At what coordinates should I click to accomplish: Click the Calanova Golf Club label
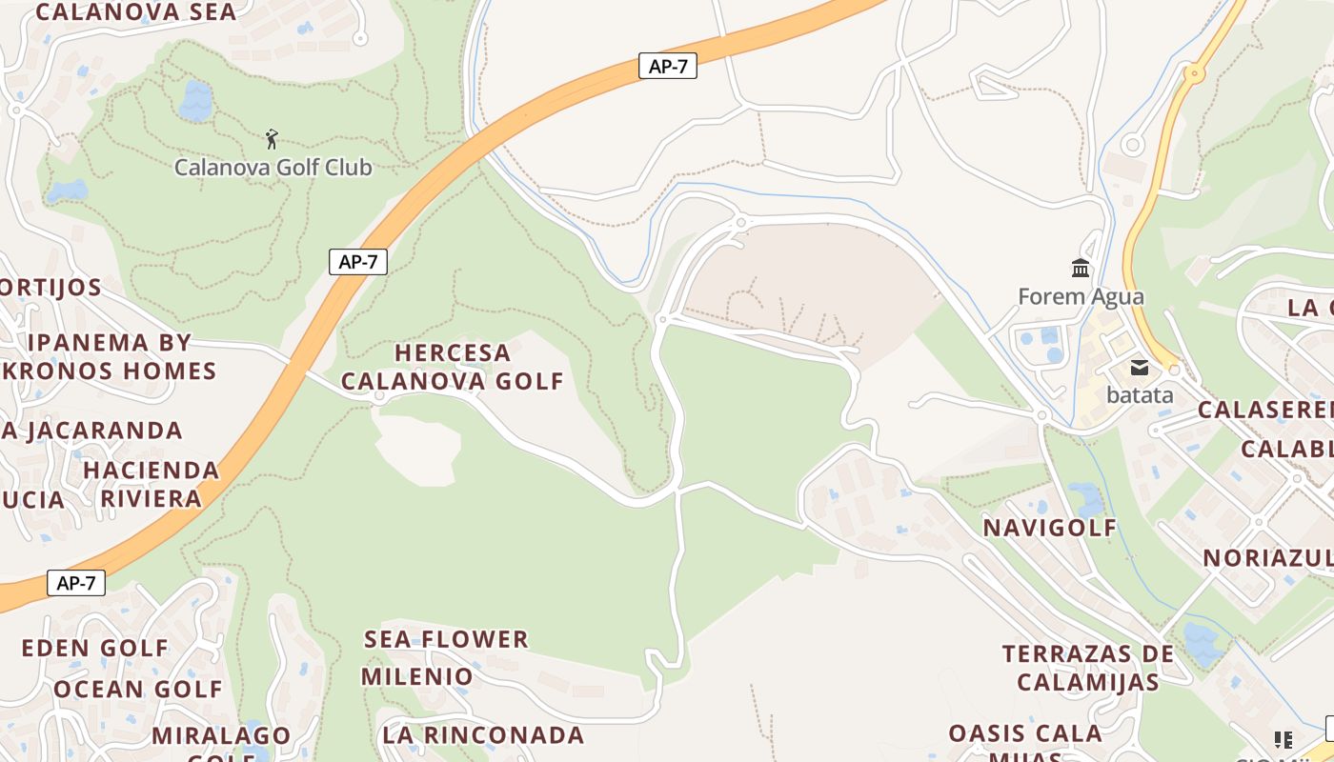click(273, 168)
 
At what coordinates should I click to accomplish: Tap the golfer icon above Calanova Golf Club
click(272, 139)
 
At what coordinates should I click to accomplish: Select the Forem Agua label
click(1081, 296)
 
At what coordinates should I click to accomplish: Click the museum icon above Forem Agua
click(1081, 268)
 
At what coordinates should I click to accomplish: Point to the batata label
click(1140, 394)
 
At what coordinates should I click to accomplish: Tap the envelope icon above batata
click(1140, 368)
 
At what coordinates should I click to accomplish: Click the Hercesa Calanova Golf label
click(453, 367)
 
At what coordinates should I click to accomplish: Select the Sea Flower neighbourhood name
click(446, 639)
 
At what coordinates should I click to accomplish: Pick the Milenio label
click(416, 677)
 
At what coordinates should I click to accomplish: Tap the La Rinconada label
click(483, 735)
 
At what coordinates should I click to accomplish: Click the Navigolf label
click(1049, 528)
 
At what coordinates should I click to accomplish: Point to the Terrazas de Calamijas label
click(1087, 668)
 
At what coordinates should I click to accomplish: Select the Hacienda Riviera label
click(152, 484)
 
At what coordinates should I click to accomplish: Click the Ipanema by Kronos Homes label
click(109, 356)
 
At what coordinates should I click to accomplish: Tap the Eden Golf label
click(95, 649)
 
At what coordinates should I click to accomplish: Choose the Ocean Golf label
click(137, 689)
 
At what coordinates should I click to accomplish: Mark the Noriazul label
click(1267, 558)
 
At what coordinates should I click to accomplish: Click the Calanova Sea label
click(135, 12)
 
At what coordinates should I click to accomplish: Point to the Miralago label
click(221, 735)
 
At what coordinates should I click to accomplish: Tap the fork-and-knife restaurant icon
click(1283, 740)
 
